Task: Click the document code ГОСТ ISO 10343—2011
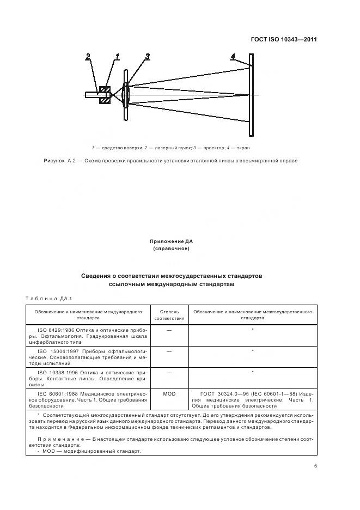coord(283,39)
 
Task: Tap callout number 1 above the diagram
coord(117,56)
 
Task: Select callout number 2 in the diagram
coord(88,56)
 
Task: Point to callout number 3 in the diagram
coord(147,56)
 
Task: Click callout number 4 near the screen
coord(233,56)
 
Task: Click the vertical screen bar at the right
coord(251,95)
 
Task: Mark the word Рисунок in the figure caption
coord(52,161)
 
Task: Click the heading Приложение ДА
coord(172,240)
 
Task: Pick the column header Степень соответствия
coord(169,315)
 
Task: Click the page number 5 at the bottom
coord(316,465)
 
